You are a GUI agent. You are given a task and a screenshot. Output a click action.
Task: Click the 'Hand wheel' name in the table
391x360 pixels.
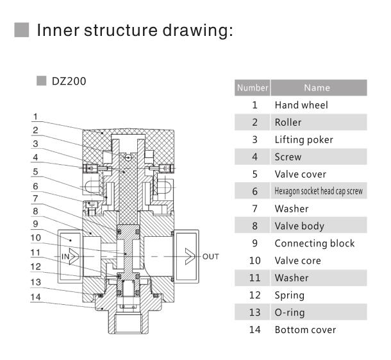coord(301,105)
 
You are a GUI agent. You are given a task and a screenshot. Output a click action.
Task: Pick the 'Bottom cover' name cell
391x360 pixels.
coord(305,330)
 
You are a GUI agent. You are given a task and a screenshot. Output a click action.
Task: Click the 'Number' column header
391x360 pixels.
coord(253,88)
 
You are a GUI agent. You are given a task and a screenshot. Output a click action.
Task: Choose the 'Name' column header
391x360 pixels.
coord(317,88)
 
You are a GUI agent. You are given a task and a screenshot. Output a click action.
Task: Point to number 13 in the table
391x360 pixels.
coord(254,313)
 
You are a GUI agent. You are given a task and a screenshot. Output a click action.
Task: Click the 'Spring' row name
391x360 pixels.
coord(289,295)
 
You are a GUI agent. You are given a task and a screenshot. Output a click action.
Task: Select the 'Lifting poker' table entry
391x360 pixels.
coord(304,139)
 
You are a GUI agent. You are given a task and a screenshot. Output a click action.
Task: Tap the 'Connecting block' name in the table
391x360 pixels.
coord(314,243)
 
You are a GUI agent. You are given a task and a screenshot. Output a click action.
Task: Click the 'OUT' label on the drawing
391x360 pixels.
coord(211,257)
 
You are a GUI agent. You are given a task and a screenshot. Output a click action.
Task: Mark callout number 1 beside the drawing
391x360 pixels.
coord(37,117)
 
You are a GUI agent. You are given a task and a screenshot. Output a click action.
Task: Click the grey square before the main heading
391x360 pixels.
coord(22,30)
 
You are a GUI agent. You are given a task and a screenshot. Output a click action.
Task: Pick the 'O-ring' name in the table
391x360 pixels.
coord(290,313)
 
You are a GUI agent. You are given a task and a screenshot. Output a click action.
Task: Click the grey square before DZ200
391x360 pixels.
coord(42,81)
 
